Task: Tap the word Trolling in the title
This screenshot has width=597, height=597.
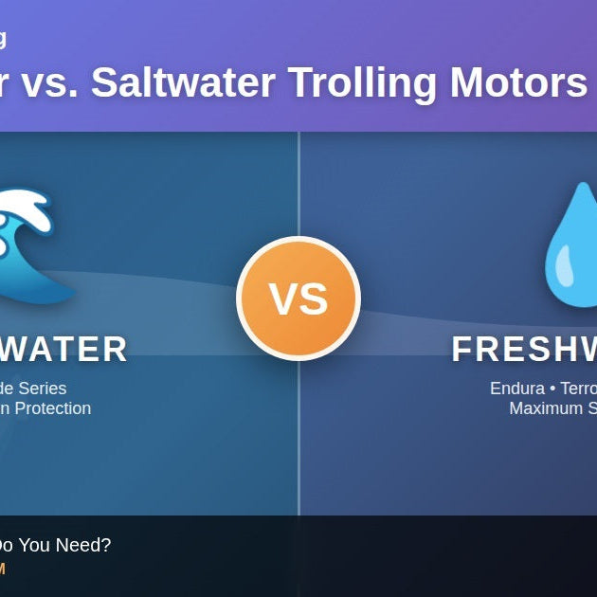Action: click(x=363, y=82)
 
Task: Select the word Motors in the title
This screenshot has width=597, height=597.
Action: click(x=518, y=82)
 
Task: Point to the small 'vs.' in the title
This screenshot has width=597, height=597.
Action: click(x=49, y=82)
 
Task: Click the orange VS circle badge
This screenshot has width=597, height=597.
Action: click(x=298, y=298)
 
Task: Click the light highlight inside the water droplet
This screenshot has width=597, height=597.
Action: click(x=564, y=266)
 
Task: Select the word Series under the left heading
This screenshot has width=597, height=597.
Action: click(x=42, y=389)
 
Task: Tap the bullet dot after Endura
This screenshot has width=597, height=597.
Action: click(x=553, y=389)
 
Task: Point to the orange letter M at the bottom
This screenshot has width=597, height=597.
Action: click(x=2, y=569)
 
